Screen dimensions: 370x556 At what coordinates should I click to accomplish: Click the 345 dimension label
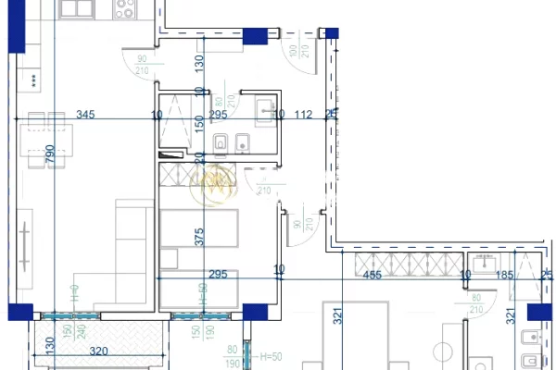[85, 116]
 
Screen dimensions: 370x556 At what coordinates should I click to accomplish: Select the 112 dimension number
[303, 116]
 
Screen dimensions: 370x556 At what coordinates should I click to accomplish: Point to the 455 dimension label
[372, 275]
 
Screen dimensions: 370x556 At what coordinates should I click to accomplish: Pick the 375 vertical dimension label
[198, 236]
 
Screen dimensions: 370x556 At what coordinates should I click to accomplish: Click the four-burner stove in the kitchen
[125, 9]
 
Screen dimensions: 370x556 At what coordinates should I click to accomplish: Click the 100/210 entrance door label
[296, 56]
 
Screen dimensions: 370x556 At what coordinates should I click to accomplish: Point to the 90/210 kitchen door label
[142, 66]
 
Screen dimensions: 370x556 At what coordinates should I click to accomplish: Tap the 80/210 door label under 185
[476, 304]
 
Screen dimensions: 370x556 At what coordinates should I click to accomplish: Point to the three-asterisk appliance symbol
[35, 81]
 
